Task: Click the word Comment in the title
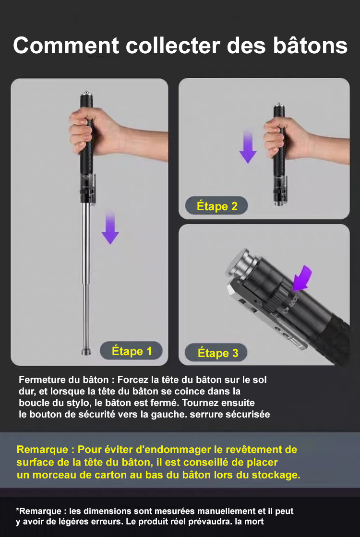point(66,46)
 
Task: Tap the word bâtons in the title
point(311,46)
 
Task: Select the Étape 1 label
point(131,351)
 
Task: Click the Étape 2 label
point(216,206)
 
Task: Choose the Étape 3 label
point(216,353)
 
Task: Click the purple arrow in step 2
point(248,146)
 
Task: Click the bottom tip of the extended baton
point(86,352)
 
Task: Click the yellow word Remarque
point(42,449)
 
